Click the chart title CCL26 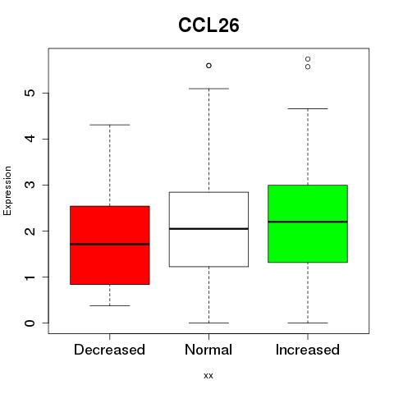tap(208, 25)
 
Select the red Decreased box tap(110, 245)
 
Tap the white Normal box tap(208, 229)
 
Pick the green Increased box tap(308, 224)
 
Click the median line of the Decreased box tap(110, 244)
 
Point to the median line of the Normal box tap(208, 228)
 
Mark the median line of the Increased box tap(308, 222)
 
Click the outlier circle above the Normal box tap(208, 66)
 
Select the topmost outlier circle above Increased tap(308, 59)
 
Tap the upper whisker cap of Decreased tap(110, 125)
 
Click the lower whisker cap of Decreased tap(110, 305)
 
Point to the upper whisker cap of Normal tap(208, 89)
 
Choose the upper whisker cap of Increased tap(308, 108)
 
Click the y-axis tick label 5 tap(30, 93)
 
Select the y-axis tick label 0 tap(30, 323)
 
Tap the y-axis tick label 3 tap(30, 185)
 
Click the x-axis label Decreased tap(109, 350)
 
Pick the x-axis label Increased tap(308, 350)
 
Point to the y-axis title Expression tap(7, 190)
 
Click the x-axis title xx tap(208, 376)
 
